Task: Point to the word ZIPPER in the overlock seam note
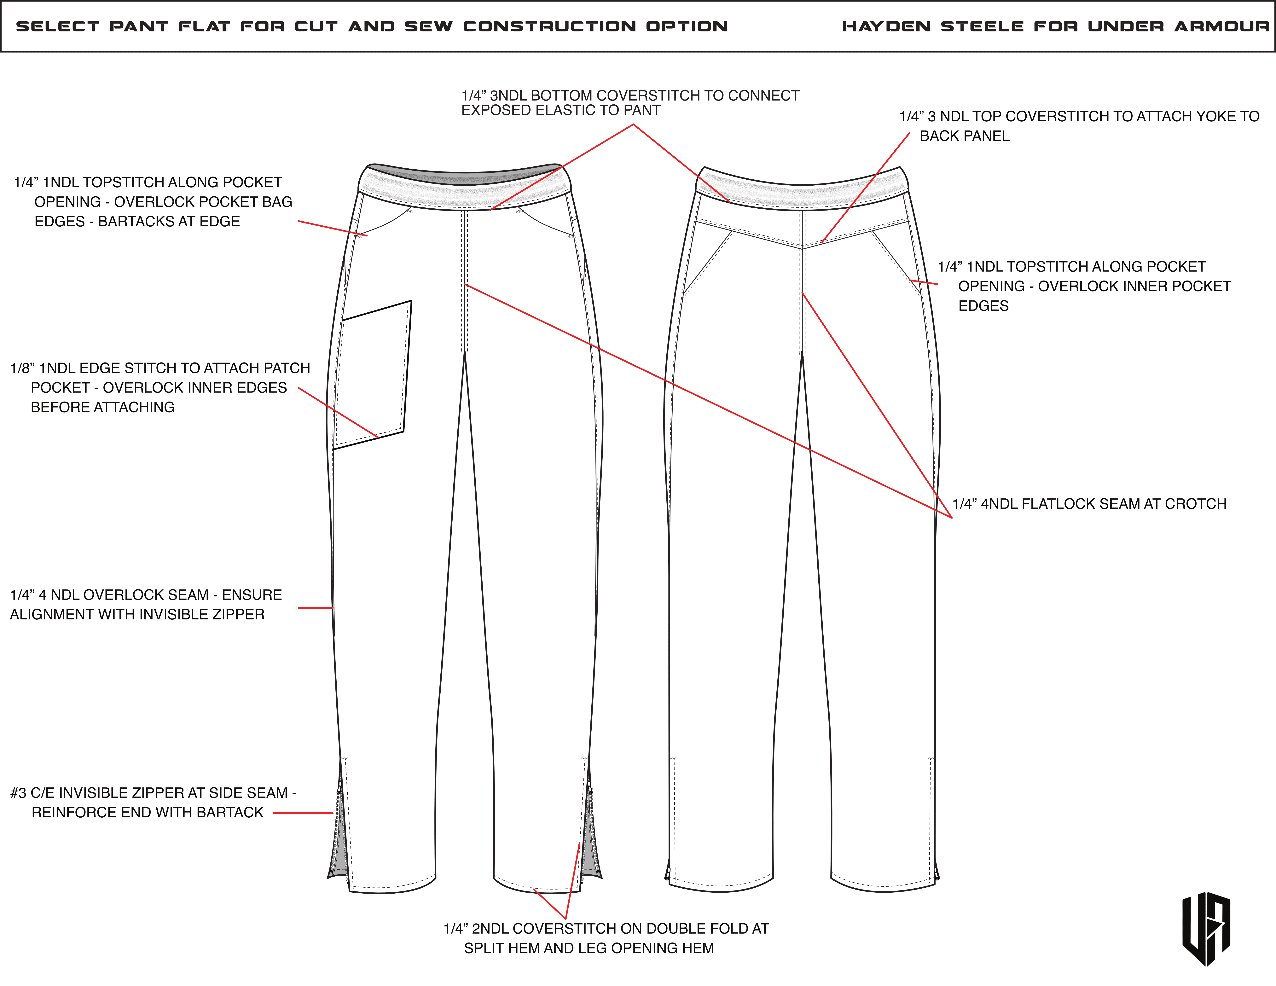coord(240,614)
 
